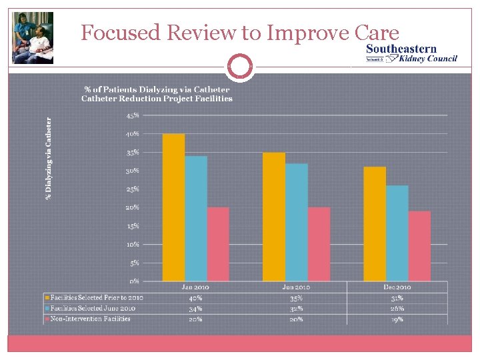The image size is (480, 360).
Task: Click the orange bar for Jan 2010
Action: tap(173, 207)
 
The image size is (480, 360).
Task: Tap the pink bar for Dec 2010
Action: tap(419, 246)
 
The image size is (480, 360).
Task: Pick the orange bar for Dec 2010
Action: tap(375, 224)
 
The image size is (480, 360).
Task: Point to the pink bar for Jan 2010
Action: tap(218, 244)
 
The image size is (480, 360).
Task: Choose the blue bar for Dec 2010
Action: tap(397, 233)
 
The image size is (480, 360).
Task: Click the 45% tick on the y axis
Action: tap(133, 115)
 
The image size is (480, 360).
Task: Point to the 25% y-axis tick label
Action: tap(133, 189)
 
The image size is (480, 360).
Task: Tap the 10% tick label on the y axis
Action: tap(133, 245)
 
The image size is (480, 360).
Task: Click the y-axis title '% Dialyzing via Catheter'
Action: tap(48, 158)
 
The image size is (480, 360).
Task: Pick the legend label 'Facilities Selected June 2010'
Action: tap(93, 308)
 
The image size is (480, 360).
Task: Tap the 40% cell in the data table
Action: tap(195, 297)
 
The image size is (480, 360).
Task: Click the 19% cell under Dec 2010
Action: tap(397, 319)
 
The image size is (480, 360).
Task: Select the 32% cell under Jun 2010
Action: tap(296, 308)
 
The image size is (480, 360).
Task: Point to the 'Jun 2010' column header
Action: tap(296, 287)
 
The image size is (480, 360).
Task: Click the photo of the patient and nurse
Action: tap(33, 38)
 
